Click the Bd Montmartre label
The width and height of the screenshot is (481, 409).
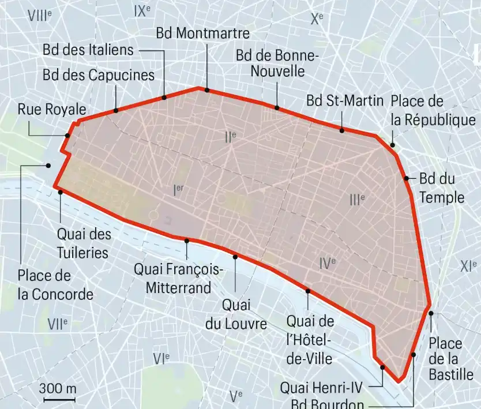tap(202, 33)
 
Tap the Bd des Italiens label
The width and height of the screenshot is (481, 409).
tap(88, 50)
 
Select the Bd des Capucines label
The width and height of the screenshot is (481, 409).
tap(99, 75)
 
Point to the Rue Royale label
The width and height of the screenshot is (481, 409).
tap(52, 109)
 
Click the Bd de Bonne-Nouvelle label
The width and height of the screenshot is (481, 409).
tap(277, 63)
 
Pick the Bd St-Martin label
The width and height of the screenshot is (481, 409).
tap(345, 100)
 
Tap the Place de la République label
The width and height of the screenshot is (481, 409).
tap(433, 111)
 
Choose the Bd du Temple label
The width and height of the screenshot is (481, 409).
tap(441, 188)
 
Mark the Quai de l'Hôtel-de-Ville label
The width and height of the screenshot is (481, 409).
tap(310, 339)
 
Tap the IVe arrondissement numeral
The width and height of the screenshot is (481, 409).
tap(327, 264)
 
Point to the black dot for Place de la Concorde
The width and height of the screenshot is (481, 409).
tap(48, 165)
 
